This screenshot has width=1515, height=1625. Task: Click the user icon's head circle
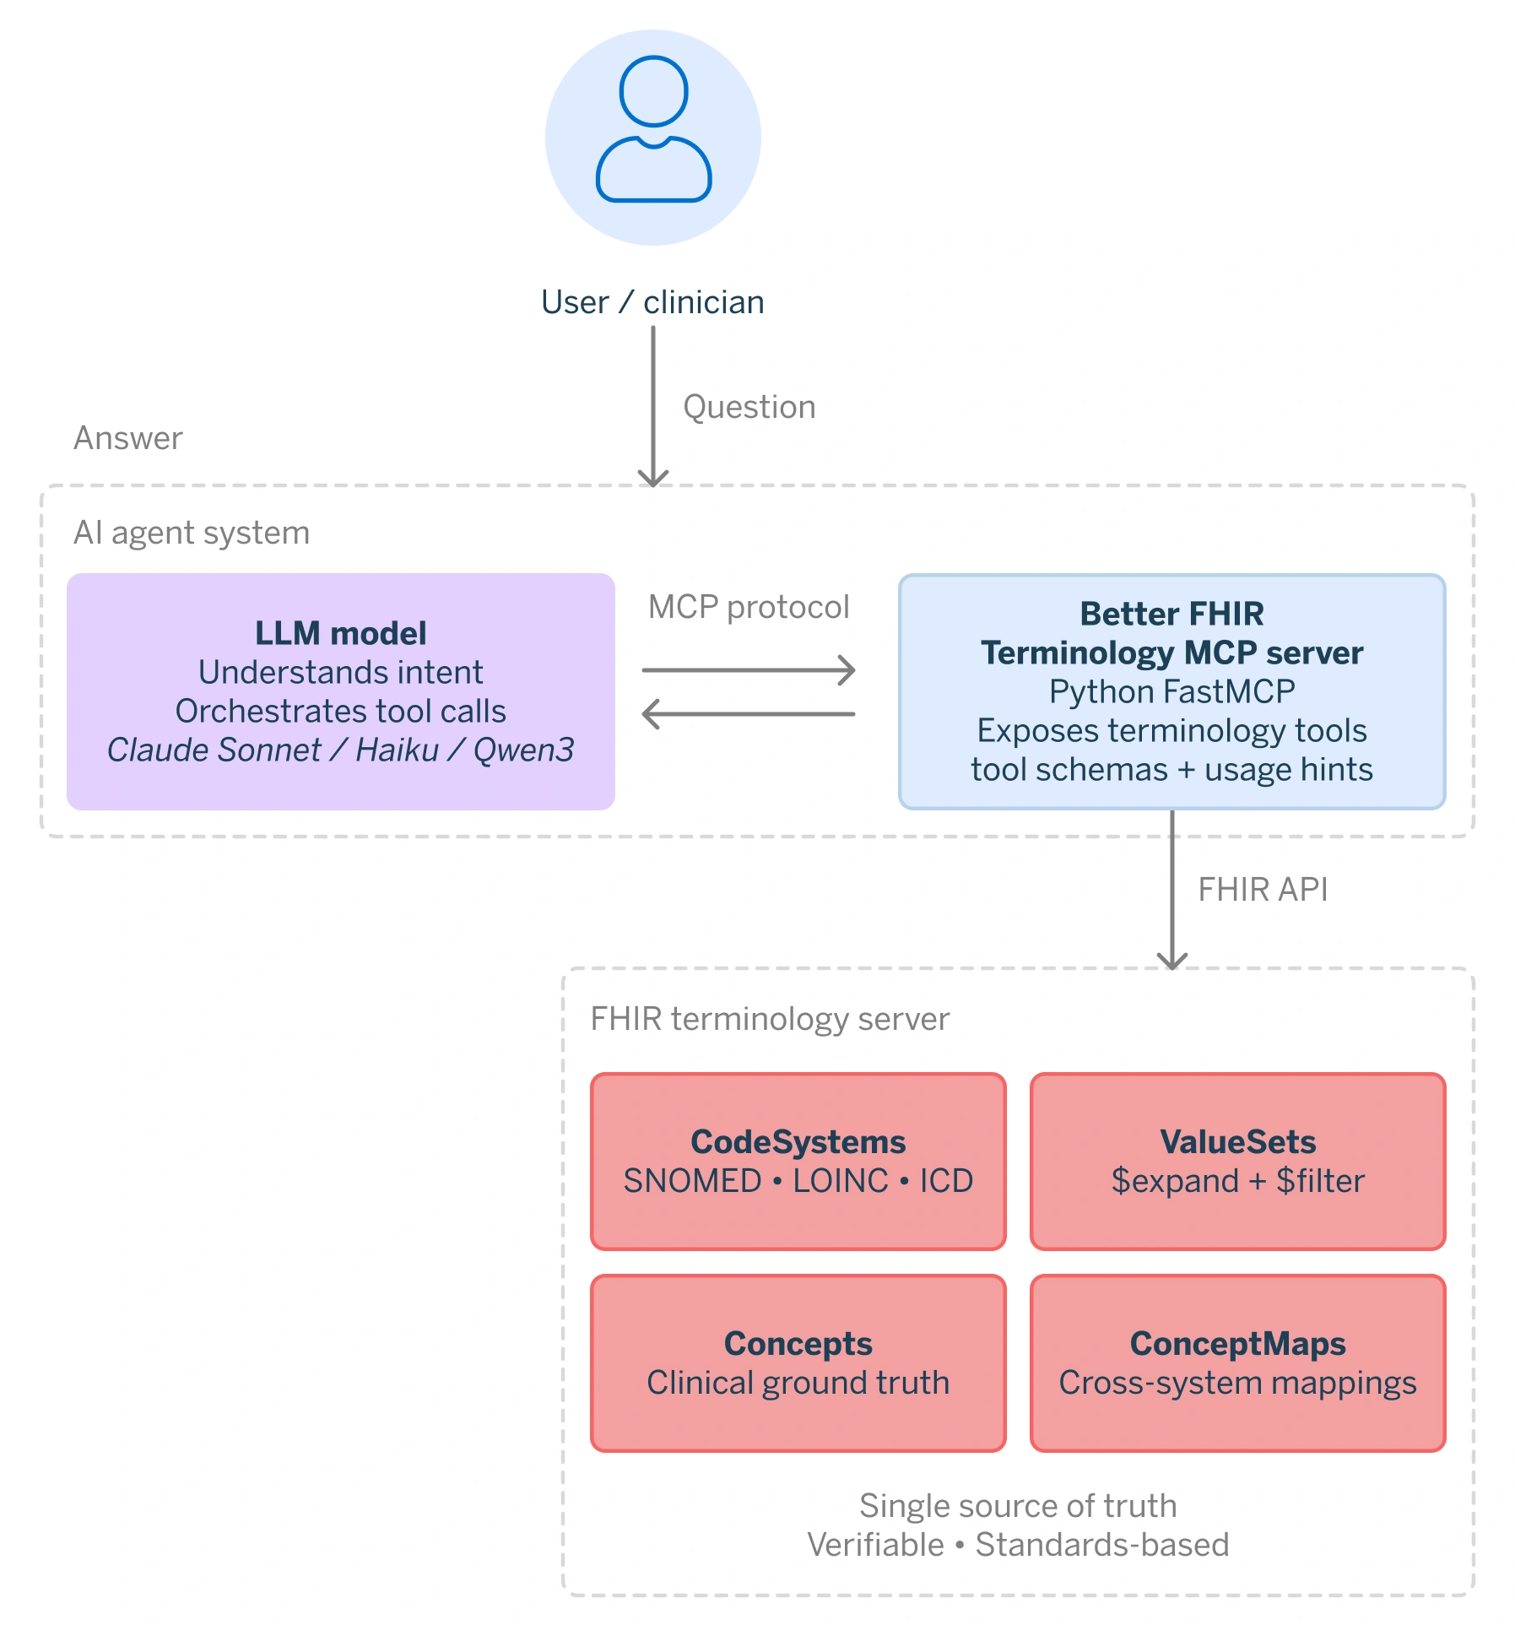coord(653,91)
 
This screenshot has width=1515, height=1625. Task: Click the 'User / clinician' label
coord(652,302)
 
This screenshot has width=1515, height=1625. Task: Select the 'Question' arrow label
coord(749,407)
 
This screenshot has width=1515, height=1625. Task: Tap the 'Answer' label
coord(128,438)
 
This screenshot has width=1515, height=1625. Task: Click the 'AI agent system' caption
coord(192,533)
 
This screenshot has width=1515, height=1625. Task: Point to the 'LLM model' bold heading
coord(340,633)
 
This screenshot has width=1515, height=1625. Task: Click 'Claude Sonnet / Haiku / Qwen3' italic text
coord(340,750)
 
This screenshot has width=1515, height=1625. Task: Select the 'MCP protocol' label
coord(748,607)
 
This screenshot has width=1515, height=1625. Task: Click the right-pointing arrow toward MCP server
coord(748,670)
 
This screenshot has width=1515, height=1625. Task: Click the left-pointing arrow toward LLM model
coord(748,714)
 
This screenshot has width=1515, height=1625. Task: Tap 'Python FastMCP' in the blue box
coord(1171,691)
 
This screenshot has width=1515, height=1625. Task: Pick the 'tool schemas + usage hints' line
coord(1171,769)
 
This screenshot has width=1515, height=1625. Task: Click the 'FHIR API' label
coord(1263,890)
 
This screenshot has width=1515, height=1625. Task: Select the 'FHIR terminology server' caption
coord(770,1019)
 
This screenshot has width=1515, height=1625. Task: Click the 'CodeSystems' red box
coord(798,1161)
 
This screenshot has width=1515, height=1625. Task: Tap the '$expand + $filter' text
coord(1237,1180)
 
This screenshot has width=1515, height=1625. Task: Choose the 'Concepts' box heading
coord(798,1343)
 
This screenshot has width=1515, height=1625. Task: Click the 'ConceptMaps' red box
coord(1237,1362)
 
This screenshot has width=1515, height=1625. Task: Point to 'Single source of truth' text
coord(1018,1506)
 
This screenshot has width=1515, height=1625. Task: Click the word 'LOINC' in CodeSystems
coord(840,1180)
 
